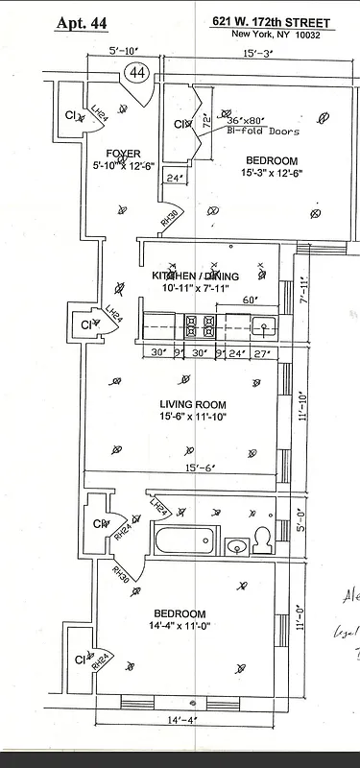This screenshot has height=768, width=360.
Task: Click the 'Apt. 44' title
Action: click(83, 23)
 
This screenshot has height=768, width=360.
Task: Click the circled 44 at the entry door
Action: click(136, 72)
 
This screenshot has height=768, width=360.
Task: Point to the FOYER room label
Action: click(124, 154)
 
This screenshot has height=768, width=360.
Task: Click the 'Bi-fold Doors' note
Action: click(264, 132)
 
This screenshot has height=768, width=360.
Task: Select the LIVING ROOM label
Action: click(193, 404)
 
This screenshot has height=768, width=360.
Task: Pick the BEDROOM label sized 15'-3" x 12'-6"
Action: click(271, 161)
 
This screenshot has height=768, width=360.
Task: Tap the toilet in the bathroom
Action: click(260, 540)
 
